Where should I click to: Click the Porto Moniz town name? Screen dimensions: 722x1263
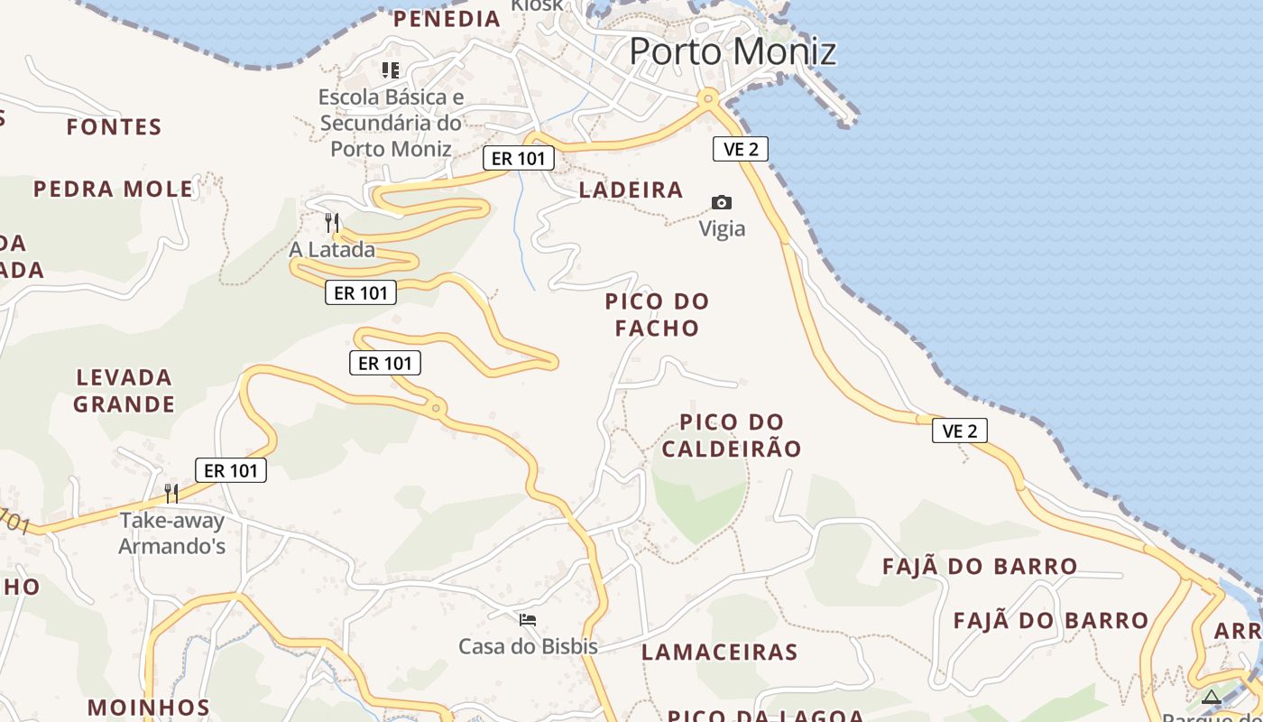[733, 51]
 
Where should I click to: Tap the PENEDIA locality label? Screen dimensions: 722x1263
[447, 18]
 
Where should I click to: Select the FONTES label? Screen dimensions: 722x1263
[114, 127]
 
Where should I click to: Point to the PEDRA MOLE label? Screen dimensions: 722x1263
[113, 190]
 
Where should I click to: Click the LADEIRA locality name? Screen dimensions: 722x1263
[631, 190]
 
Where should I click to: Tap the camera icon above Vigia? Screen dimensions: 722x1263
[722, 202]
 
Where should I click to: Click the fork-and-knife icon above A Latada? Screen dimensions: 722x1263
[332, 221]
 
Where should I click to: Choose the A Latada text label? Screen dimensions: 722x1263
[332, 250]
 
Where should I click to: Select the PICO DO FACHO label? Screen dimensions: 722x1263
[657, 314]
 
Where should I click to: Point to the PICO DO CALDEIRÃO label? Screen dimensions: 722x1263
[732, 435]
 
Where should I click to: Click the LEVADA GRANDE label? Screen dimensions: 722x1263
[124, 390]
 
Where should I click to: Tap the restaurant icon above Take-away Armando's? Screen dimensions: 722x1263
[171, 493]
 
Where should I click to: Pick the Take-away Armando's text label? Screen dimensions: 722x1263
[172, 533]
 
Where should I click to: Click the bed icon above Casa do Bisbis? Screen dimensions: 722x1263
[528, 619]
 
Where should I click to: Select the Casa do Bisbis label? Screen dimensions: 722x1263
[528, 646]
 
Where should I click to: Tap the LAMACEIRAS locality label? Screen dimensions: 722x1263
[719, 652]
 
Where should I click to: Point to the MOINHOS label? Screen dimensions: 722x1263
[149, 707]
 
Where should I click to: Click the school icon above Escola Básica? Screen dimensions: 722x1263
[391, 69]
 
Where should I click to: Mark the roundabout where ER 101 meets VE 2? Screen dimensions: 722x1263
[708, 97]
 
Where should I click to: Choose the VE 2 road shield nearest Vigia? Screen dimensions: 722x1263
[741, 149]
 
